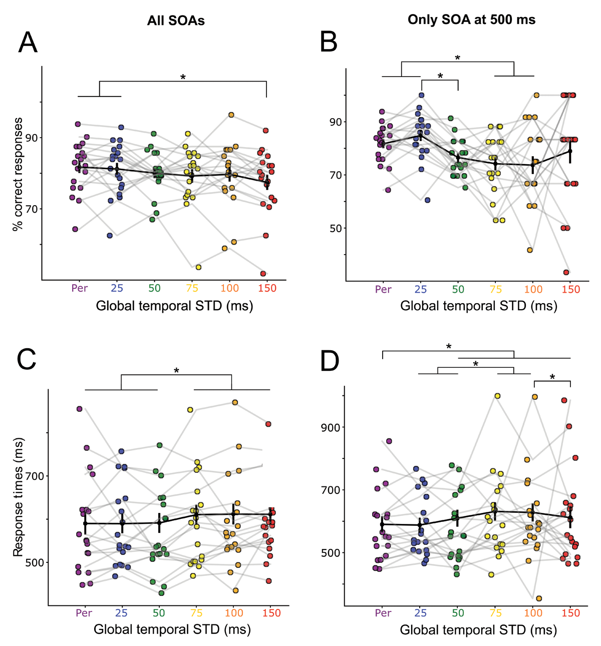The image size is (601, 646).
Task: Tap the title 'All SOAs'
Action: (x=176, y=21)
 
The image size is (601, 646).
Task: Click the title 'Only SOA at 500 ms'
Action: (x=471, y=20)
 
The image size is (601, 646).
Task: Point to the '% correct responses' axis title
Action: (x=19, y=174)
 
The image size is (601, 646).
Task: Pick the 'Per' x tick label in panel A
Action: (x=79, y=288)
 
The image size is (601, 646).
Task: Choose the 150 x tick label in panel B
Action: (x=570, y=289)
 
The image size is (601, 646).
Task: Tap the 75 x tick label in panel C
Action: (x=196, y=613)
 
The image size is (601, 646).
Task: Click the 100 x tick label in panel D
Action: (x=533, y=613)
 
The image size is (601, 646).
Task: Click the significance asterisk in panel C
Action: (x=176, y=371)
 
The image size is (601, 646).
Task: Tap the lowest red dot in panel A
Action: (x=263, y=273)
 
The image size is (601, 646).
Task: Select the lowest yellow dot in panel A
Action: (x=198, y=267)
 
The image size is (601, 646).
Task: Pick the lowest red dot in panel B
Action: (x=566, y=272)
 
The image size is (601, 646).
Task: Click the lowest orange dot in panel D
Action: (x=539, y=598)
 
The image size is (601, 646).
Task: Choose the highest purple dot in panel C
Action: (x=79, y=409)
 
